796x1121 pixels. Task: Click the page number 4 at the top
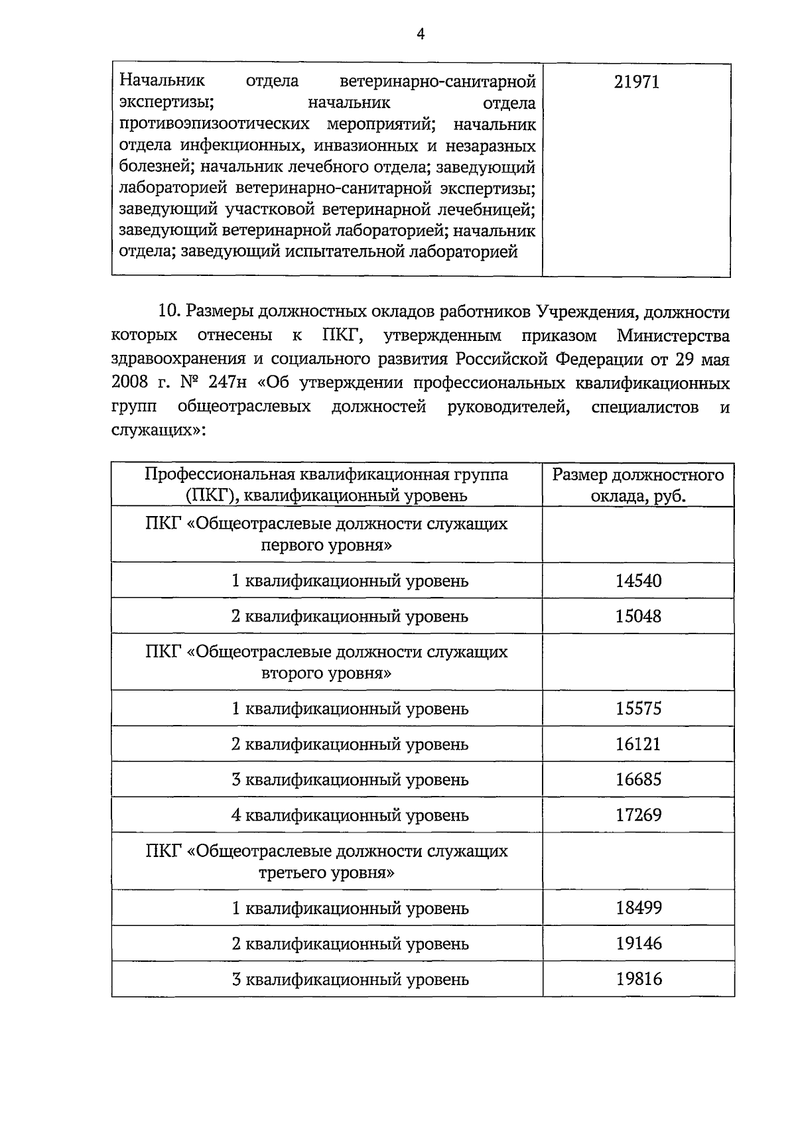tap(419, 35)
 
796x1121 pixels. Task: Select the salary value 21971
tap(637, 82)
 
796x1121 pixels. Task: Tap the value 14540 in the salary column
tap(637, 581)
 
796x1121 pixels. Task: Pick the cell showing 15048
tap(637, 616)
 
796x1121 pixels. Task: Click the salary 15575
tap(637, 708)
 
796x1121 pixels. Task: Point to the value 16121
tap(637, 744)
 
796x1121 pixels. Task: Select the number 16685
tap(637, 779)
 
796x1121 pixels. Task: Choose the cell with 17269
tap(637, 815)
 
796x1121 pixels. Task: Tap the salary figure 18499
tap(637, 908)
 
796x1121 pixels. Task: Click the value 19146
tap(637, 943)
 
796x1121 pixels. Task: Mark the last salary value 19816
tap(637, 979)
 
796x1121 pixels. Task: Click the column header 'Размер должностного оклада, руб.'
tap(637, 485)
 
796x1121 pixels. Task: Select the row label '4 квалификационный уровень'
tap(350, 815)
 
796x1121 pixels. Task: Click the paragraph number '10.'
tap(170, 312)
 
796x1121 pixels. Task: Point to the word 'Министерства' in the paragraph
tap(673, 336)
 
